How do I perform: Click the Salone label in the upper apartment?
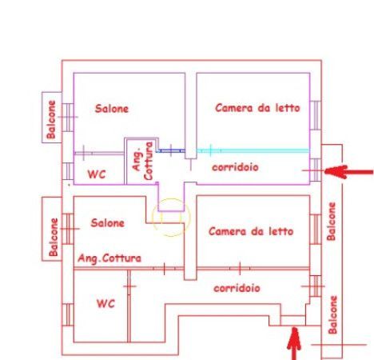[112, 109]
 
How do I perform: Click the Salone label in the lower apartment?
[108, 223]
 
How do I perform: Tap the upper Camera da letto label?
[257, 108]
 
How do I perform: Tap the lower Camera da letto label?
[251, 231]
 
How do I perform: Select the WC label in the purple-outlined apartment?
[97, 174]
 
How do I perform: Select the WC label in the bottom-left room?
[105, 303]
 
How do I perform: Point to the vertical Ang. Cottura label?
[143, 161]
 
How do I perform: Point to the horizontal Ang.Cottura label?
[109, 258]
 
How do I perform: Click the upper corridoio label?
[235, 167]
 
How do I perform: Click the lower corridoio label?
[237, 288]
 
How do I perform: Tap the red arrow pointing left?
[349, 172]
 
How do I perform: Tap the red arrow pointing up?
[294, 344]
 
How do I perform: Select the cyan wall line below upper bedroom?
[253, 150]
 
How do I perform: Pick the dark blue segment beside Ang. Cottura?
[170, 151]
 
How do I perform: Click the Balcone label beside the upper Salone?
[51, 119]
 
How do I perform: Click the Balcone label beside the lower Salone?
[54, 237]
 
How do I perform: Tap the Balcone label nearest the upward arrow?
[333, 314]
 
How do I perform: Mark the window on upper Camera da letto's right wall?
[316, 115]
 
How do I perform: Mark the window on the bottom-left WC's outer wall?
[68, 314]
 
